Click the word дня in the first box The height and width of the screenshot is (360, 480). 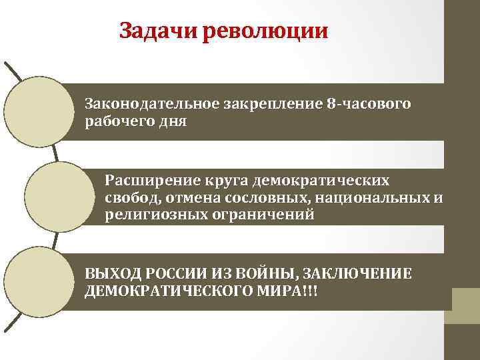[175, 121]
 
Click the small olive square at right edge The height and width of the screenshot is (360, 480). [466, 300]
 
